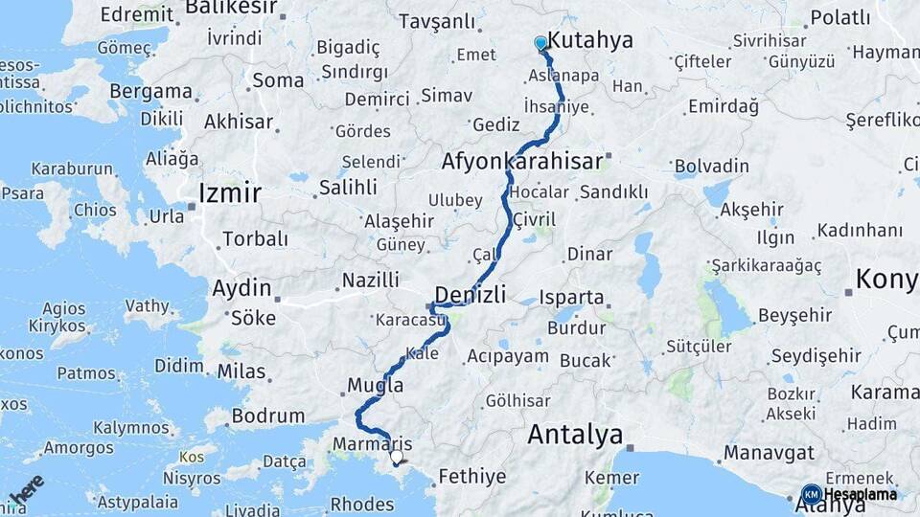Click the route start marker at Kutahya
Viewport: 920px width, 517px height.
[x=540, y=43]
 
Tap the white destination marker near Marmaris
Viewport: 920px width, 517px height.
[x=397, y=458]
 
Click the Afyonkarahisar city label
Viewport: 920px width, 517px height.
[x=521, y=161]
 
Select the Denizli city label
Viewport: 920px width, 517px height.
[x=471, y=293]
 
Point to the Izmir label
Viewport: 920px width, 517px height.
[x=229, y=193]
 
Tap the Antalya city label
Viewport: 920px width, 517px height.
[x=575, y=436]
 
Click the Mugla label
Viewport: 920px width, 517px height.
[x=375, y=385]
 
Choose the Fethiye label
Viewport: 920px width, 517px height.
[x=471, y=475]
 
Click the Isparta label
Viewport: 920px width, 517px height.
[x=572, y=297]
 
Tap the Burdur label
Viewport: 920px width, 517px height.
[x=576, y=327]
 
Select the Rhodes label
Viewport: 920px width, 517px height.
[x=362, y=504]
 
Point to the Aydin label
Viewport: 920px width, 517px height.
[x=241, y=287]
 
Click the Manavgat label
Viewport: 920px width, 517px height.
[x=769, y=452]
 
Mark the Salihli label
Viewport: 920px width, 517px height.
[x=348, y=188]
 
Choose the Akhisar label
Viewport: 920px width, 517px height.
[x=239, y=122]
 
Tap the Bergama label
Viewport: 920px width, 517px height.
[x=150, y=91]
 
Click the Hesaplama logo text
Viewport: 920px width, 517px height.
[x=860, y=494]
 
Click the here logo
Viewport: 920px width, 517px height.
[x=28, y=490]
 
